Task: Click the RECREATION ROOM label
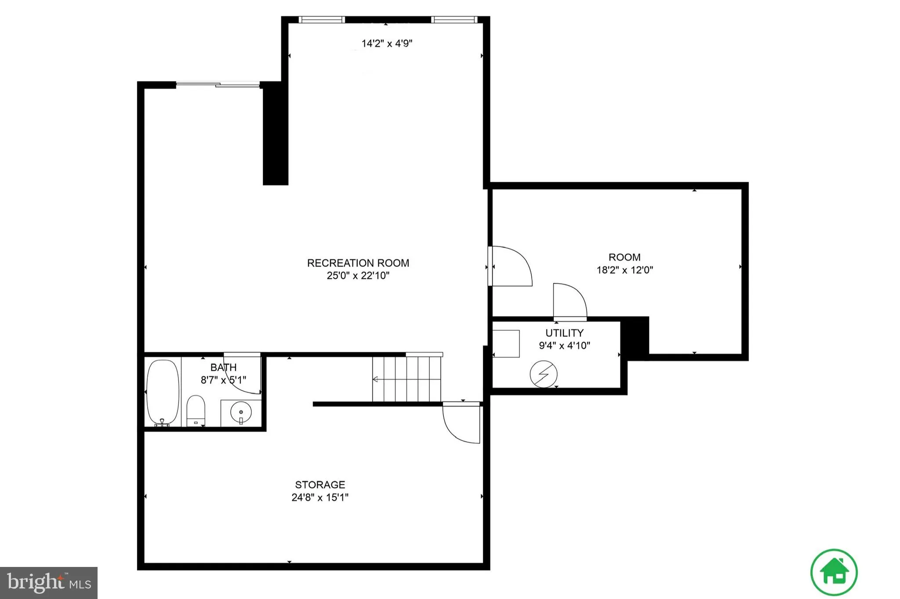[x=358, y=263]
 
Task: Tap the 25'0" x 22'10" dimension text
[x=358, y=276]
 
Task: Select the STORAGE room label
[x=320, y=485]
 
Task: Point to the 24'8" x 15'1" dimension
[x=320, y=498]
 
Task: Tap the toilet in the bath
[x=196, y=409]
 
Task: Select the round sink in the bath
[x=241, y=412]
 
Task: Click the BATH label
[x=223, y=368]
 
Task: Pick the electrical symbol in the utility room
[x=544, y=374]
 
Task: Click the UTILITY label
[x=564, y=333]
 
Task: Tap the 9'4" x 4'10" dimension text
[x=564, y=346]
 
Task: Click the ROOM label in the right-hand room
[x=624, y=257]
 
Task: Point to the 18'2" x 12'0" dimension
[x=624, y=270]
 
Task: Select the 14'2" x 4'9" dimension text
[x=387, y=43]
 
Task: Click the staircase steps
[x=406, y=379]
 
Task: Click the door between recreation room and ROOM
[x=510, y=266]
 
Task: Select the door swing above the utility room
[x=569, y=300]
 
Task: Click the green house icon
[x=834, y=572]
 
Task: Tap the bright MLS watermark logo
[x=49, y=583]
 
